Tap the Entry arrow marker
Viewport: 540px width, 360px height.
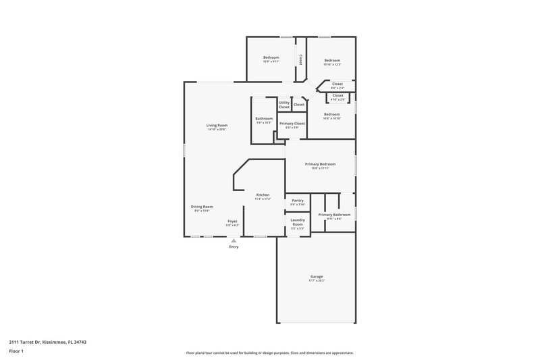pos(234,240)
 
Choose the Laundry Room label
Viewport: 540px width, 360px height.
pos(298,223)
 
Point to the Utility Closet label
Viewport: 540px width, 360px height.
pos(284,105)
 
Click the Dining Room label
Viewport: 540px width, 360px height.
pos(202,208)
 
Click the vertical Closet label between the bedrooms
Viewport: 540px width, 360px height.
pos(300,59)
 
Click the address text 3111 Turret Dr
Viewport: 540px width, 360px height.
pos(48,342)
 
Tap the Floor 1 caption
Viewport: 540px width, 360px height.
pos(16,352)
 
